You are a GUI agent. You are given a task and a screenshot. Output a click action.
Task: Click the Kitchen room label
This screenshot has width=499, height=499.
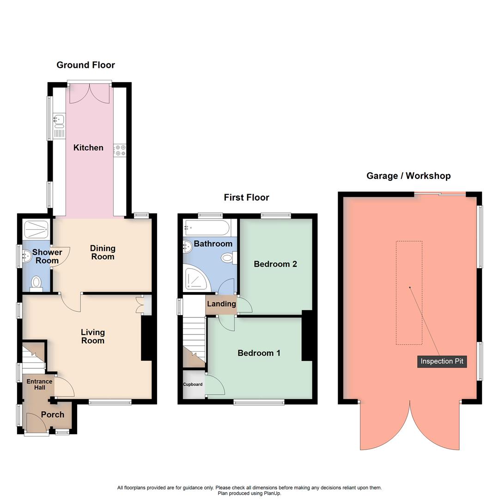tap(88, 148)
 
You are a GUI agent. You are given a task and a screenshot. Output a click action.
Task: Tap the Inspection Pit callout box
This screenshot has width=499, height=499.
tap(442, 361)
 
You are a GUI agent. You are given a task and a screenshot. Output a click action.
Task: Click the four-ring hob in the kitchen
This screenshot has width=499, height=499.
tap(120, 150)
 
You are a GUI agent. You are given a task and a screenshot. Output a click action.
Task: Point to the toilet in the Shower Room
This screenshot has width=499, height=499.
tap(36, 283)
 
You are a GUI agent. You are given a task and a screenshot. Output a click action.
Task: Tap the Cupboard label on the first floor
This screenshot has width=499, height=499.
tap(193, 384)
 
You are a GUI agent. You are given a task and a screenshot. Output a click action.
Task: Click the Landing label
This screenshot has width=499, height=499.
tap(221, 304)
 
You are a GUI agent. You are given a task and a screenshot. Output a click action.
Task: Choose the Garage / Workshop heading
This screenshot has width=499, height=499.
tap(408, 176)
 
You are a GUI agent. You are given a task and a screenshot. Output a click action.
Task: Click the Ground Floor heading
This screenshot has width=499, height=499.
tap(85, 65)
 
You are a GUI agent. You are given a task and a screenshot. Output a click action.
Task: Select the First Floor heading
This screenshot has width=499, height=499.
tap(246, 198)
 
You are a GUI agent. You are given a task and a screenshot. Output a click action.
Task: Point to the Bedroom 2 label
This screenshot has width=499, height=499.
tap(275, 264)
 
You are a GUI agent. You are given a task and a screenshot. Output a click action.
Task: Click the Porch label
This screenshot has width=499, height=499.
tap(53, 414)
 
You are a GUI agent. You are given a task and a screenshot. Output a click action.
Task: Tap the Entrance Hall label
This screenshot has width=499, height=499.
tap(39, 384)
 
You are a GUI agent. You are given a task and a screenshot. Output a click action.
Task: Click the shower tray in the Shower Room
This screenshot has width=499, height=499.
tap(36, 229)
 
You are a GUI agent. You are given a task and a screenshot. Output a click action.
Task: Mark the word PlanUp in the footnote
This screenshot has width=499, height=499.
tap(272, 493)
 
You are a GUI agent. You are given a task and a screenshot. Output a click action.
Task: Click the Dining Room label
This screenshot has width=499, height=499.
tap(103, 253)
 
